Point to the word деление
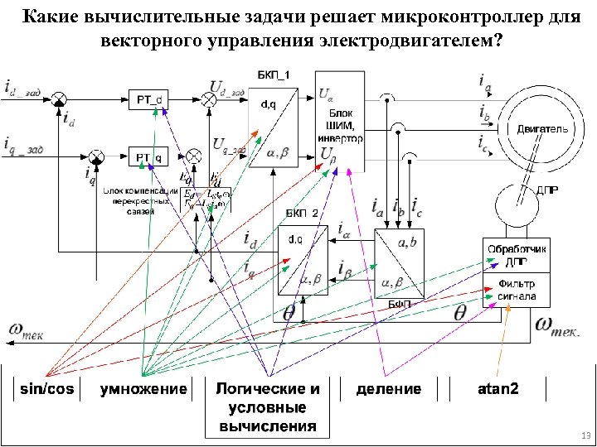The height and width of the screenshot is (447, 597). pyautogui.click(x=388, y=389)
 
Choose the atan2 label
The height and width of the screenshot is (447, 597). pyautogui.click(x=498, y=389)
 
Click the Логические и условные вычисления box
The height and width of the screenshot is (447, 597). pyautogui.click(x=267, y=407)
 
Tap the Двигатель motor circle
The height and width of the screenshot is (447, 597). pyautogui.click(x=542, y=128)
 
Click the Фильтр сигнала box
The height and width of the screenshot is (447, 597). pyautogui.click(x=516, y=290)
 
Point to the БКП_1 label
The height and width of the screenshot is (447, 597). pyautogui.click(x=276, y=75)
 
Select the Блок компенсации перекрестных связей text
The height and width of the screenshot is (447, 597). pyautogui.click(x=140, y=199)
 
